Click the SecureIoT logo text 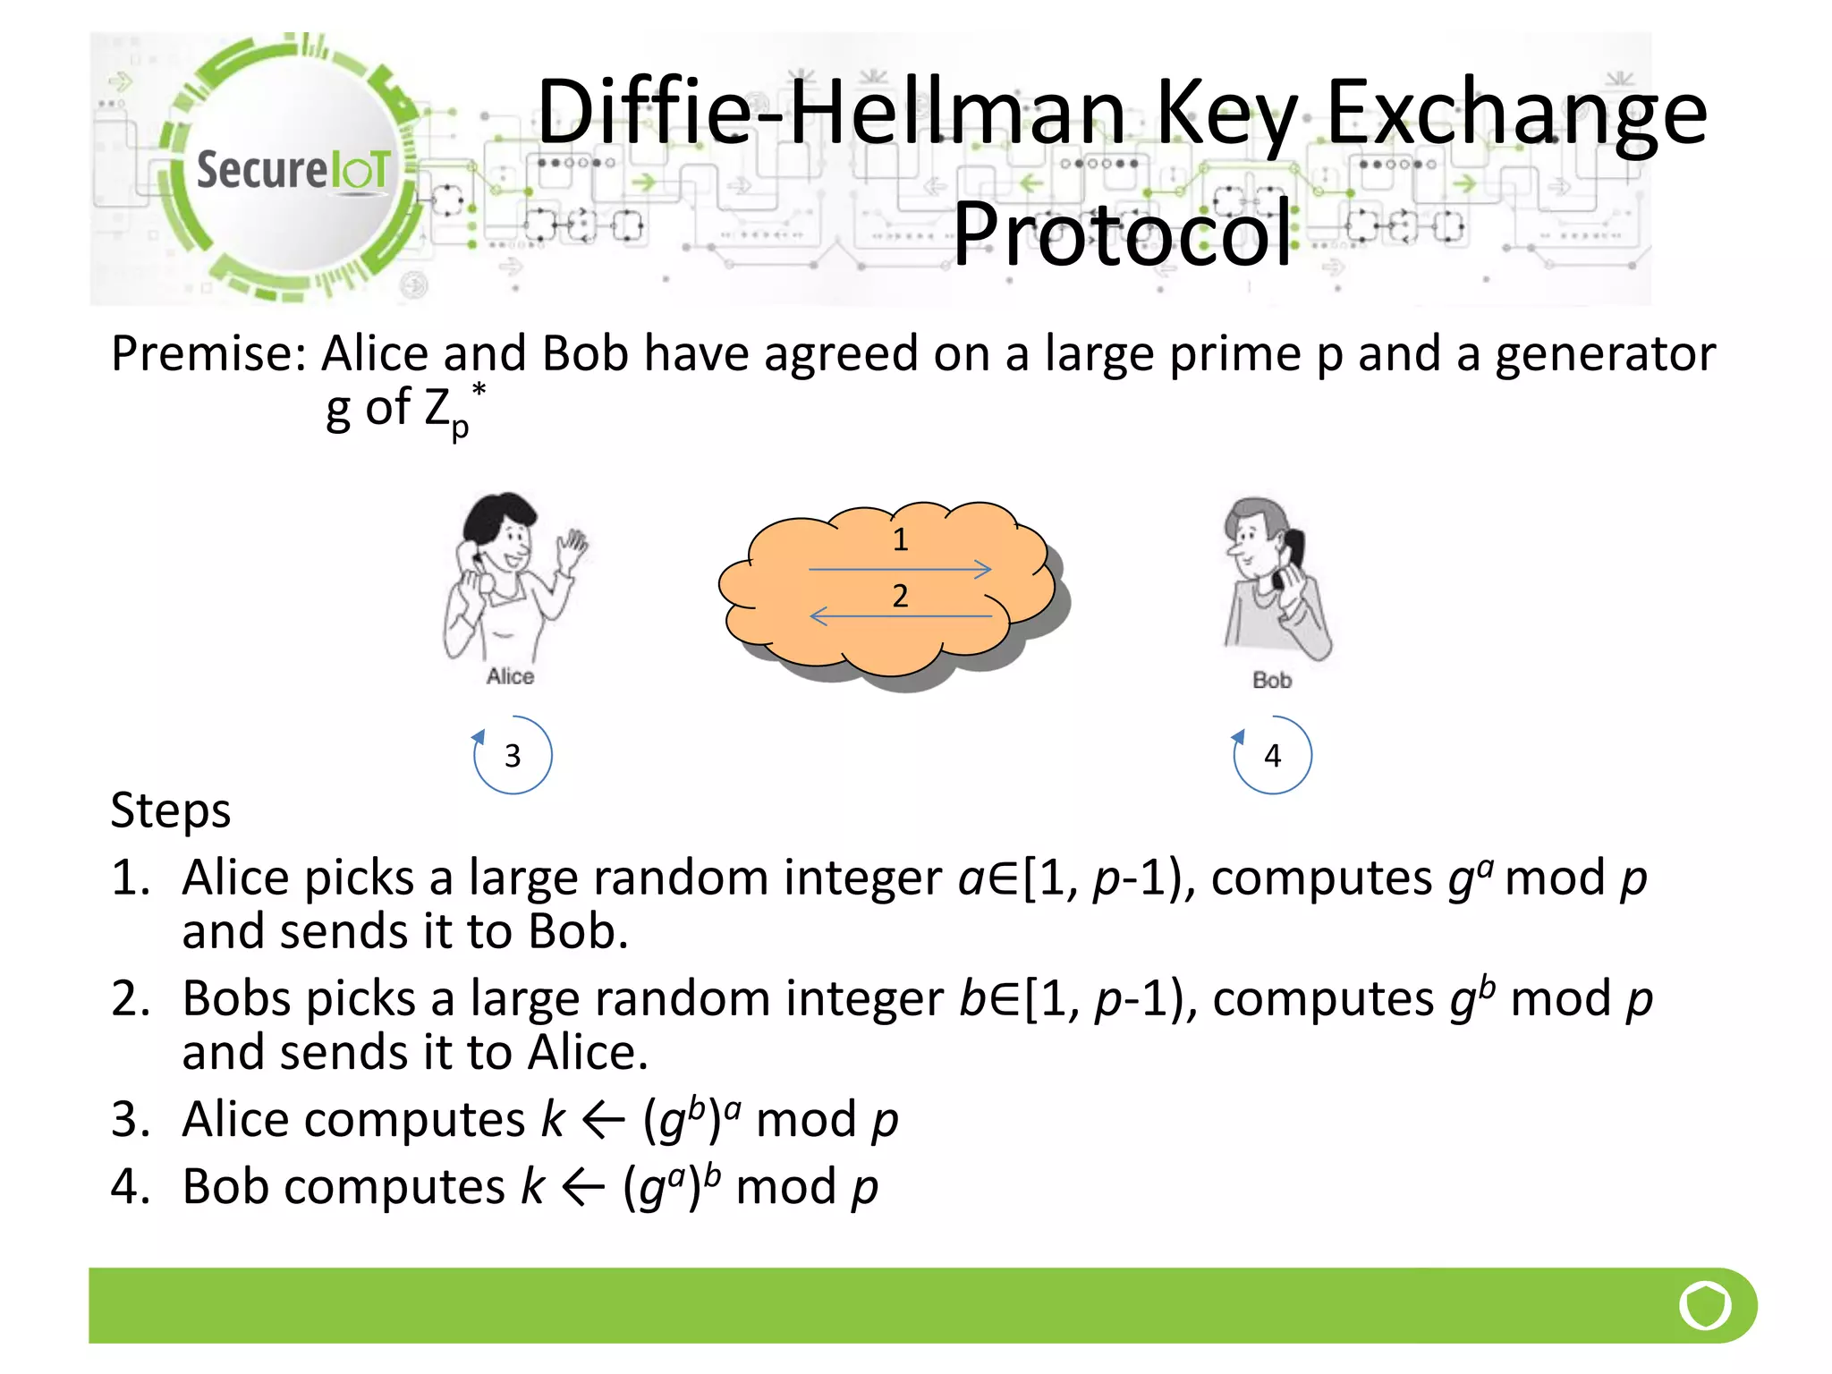293,170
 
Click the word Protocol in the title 1123,234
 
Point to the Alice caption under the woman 510,676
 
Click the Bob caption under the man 1271,681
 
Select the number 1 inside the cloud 900,539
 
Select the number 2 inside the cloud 900,596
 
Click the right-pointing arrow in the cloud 900,569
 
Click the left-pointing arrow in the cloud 900,616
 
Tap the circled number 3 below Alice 513,756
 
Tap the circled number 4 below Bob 1272,756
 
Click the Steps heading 171,810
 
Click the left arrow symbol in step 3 603,1121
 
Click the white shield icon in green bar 1705,1305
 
